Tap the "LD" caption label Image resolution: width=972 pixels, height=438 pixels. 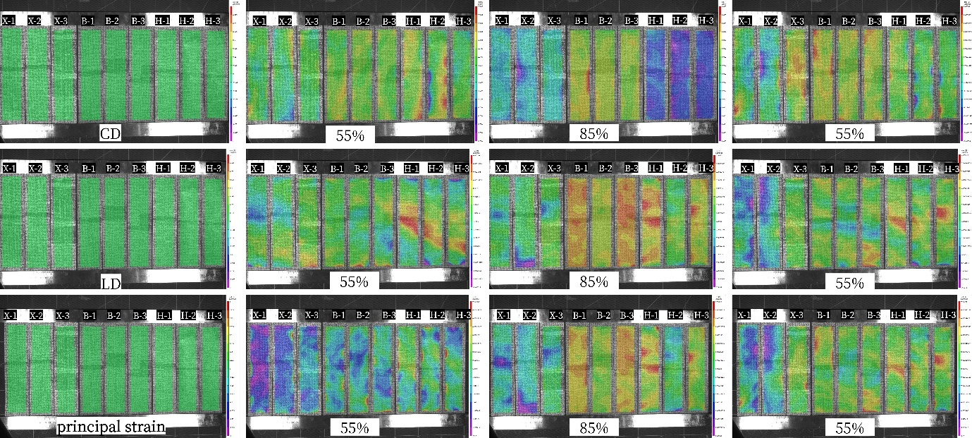click(111, 284)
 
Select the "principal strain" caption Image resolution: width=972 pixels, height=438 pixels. click(111, 427)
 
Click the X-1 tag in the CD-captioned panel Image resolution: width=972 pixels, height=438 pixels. click(9, 21)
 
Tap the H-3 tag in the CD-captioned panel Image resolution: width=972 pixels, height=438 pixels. click(212, 21)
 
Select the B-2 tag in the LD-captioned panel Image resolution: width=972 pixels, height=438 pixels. click(112, 169)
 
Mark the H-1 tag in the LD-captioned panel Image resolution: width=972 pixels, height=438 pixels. click(162, 169)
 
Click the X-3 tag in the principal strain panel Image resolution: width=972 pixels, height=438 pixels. click(62, 315)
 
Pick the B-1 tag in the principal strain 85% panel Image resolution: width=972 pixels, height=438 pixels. click(580, 315)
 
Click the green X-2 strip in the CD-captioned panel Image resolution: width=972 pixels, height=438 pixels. click(37, 78)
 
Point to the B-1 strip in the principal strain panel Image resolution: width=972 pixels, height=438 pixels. click(89, 367)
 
